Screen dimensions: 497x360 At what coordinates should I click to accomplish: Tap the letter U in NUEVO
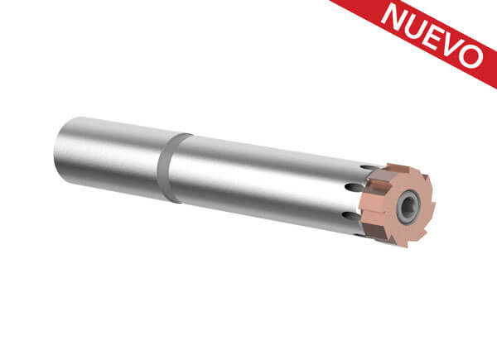pyautogui.click(x=416, y=27)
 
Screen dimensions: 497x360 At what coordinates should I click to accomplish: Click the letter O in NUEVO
pyautogui.click(x=471, y=55)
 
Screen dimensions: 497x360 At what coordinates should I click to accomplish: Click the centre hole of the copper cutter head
pyautogui.click(x=409, y=207)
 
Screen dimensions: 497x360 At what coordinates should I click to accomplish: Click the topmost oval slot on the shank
pyautogui.click(x=368, y=167)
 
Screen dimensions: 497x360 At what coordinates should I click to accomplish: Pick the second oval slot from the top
pyautogui.click(x=355, y=187)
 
